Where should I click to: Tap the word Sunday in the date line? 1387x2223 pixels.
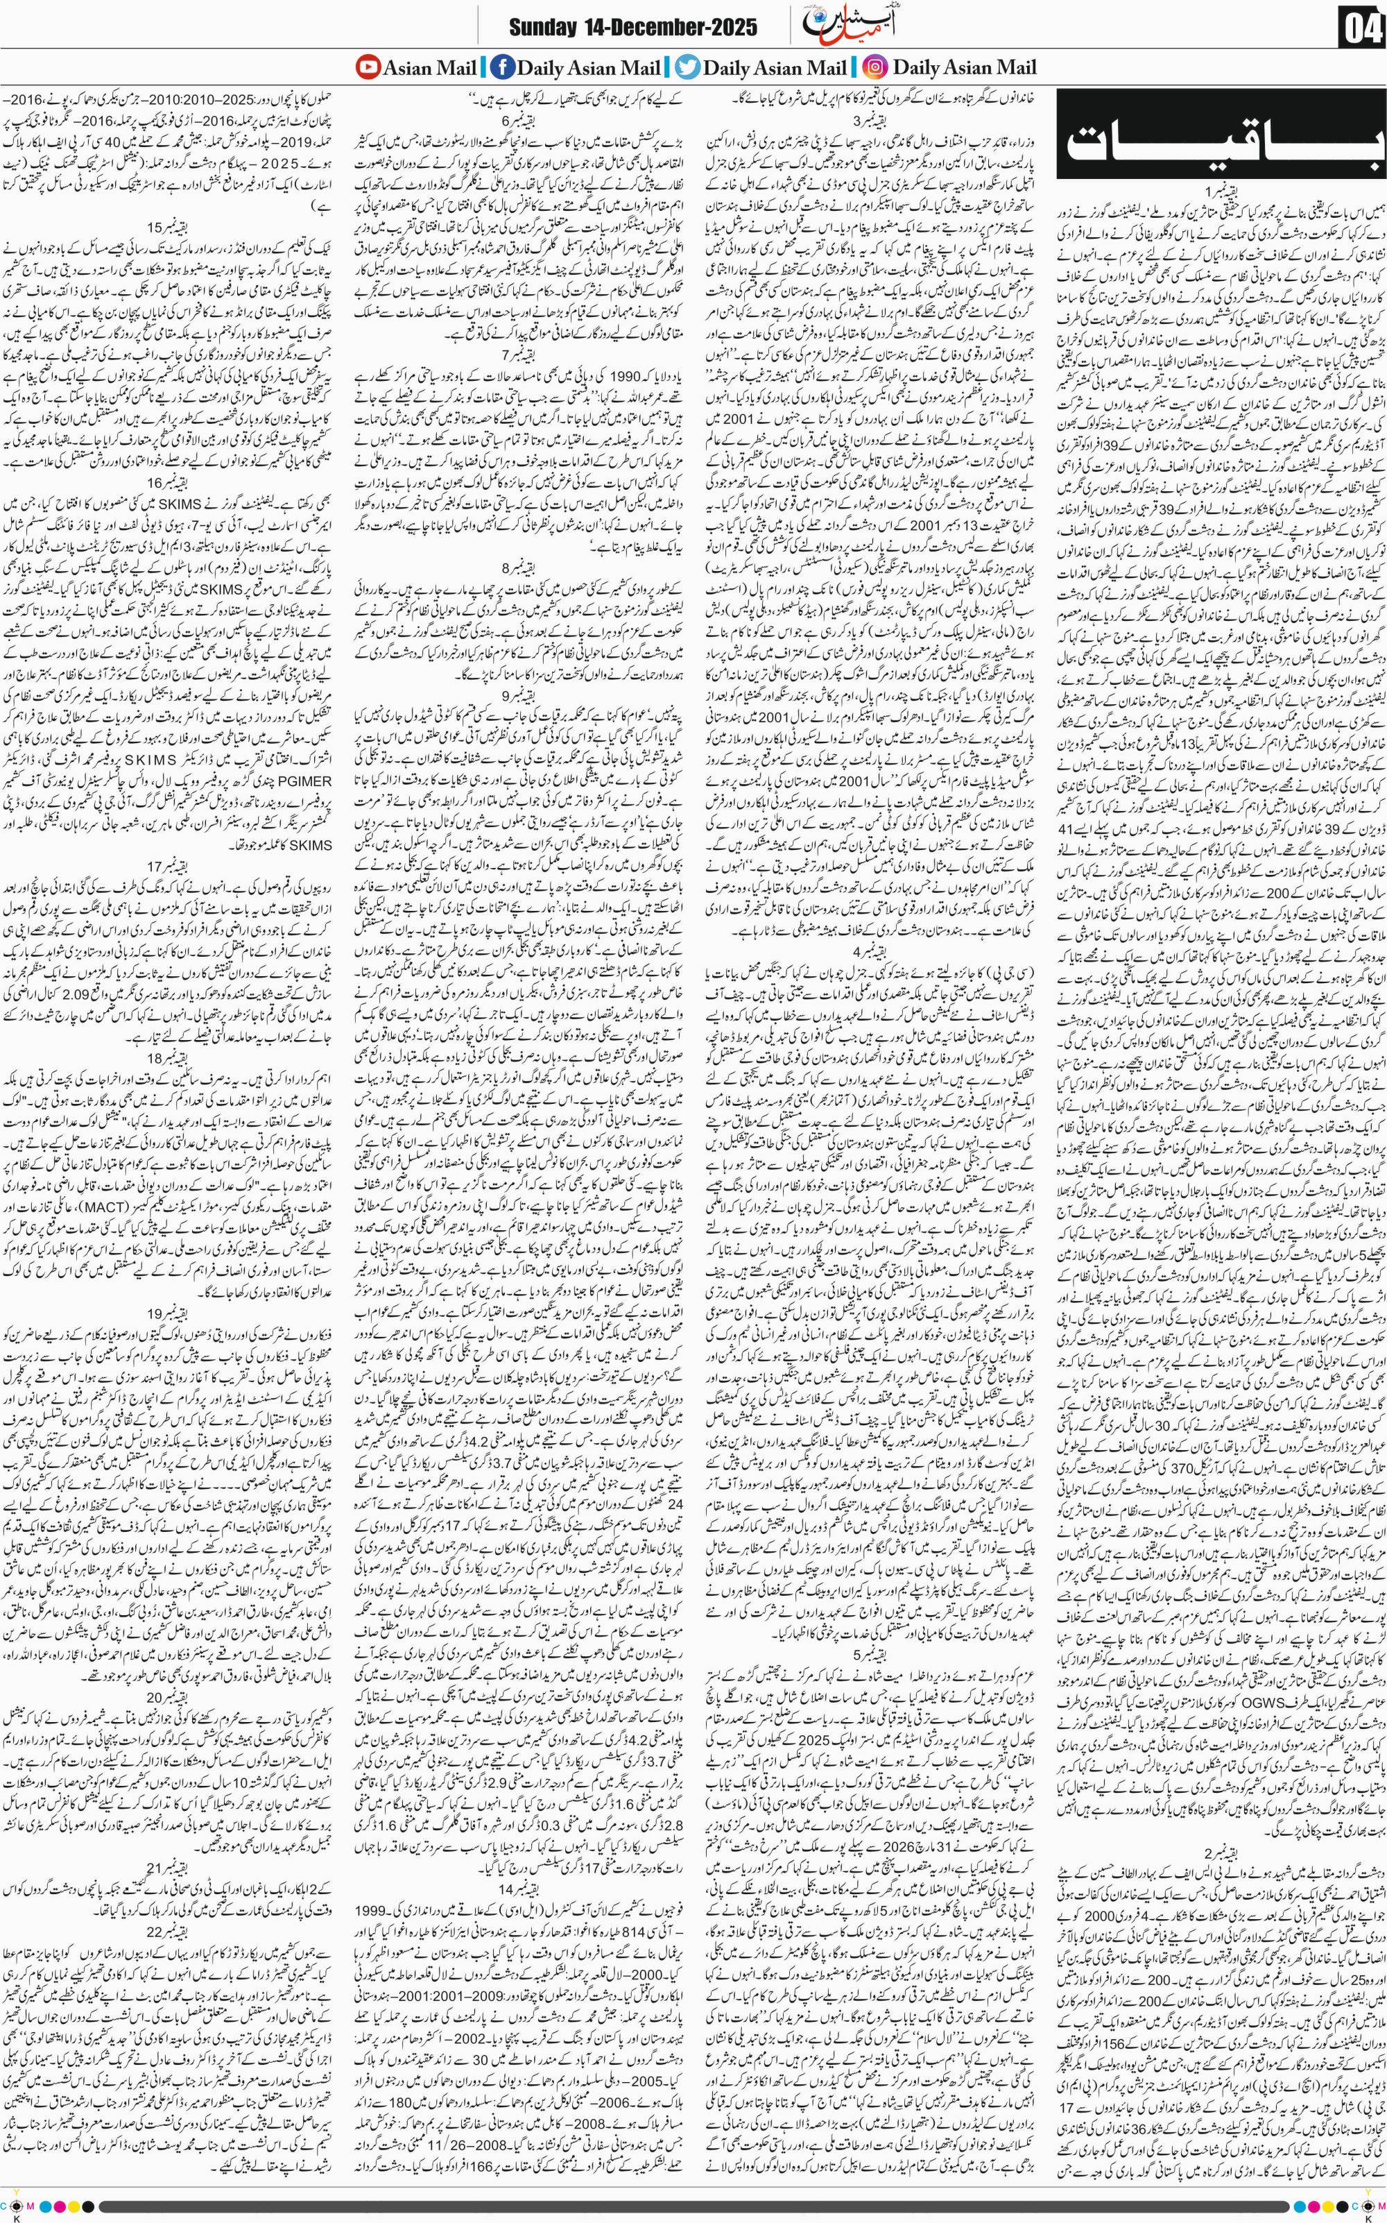pos(545,28)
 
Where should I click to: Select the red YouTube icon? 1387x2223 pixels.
pos(367,67)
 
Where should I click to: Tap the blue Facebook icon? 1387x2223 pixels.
pos(503,67)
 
